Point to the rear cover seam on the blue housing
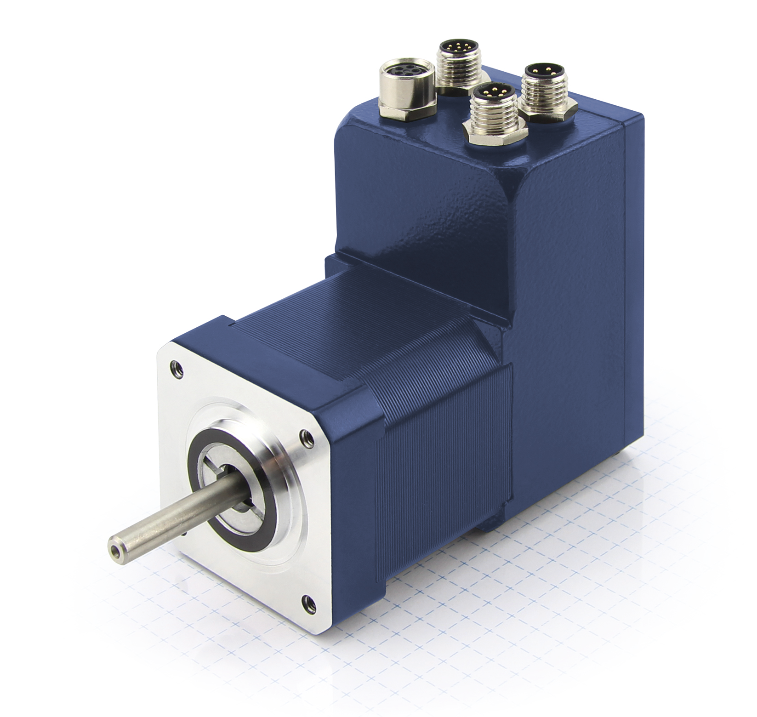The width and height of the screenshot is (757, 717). [x=626, y=276]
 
